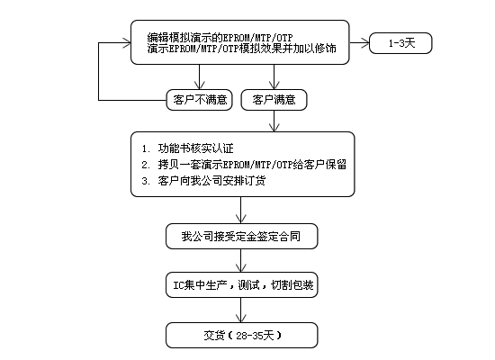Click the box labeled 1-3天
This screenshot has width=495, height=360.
click(x=400, y=43)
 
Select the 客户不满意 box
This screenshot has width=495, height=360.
click(x=199, y=100)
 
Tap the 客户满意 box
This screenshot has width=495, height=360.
click(x=274, y=100)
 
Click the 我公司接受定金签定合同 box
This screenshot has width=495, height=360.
click(x=241, y=236)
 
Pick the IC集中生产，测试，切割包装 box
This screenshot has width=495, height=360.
click(x=241, y=284)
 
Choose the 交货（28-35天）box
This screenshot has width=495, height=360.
click(x=241, y=335)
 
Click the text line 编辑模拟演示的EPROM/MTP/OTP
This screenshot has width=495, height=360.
click(x=220, y=38)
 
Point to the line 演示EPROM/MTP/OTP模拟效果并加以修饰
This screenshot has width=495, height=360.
click(x=241, y=49)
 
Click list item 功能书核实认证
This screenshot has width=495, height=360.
click(x=195, y=148)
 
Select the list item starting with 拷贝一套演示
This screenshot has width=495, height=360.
click(x=252, y=165)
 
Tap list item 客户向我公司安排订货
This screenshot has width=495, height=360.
click(x=211, y=181)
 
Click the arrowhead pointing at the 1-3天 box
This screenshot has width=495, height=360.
click(x=364, y=43)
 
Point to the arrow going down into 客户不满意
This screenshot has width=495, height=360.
click(x=199, y=77)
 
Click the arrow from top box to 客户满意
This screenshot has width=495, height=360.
click(x=274, y=77)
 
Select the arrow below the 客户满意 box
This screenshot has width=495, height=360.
click(x=274, y=121)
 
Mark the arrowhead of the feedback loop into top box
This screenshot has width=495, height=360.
click(x=127, y=43)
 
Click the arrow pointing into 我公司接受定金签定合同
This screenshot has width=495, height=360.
click(x=241, y=210)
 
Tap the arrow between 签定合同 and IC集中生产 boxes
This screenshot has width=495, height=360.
click(x=241, y=260)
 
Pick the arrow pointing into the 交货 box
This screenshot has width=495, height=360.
click(x=241, y=310)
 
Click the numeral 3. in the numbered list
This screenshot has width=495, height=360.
click(x=146, y=181)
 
